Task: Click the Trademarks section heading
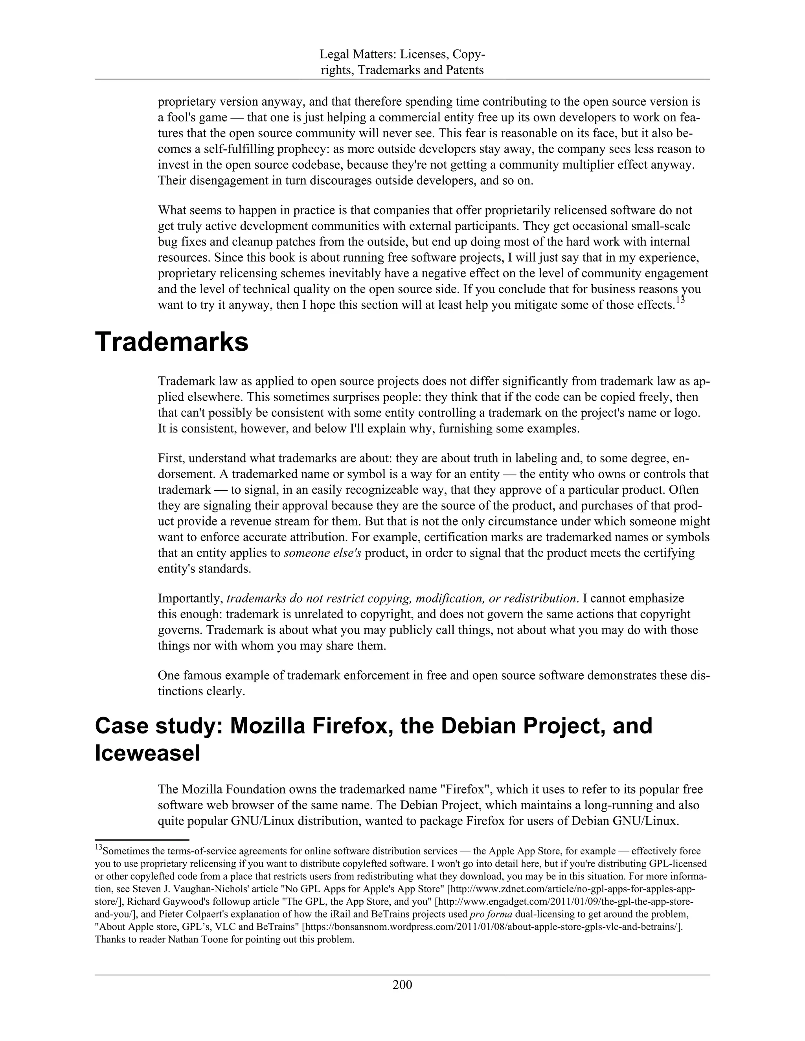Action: click(x=172, y=343)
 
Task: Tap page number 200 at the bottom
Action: click(x=402, y=984)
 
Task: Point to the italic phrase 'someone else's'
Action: click(x=322, y=553)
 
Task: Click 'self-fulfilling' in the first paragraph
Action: click(x=242, y=150)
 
